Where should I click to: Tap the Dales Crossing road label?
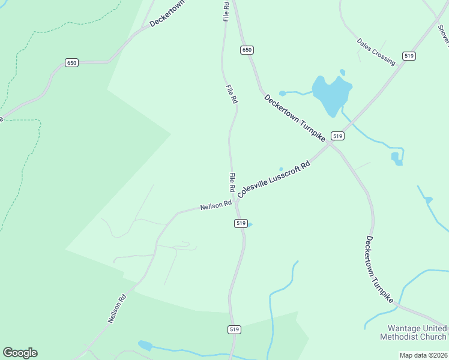tap(376, 52)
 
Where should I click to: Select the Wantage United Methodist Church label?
tap(414, 332)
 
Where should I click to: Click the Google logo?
tap(20, 353)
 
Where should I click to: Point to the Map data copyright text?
tap(424, 355)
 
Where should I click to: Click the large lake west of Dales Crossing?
tap(332, 95)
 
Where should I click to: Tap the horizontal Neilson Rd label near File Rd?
tap(216, 205)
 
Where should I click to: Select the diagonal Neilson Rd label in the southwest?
tap(117, 308)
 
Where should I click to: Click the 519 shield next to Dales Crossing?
tap(409, 56)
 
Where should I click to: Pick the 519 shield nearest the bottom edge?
tap(235, 329)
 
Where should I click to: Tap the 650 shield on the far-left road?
tap(72, 62)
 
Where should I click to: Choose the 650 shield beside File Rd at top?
tap(247, 50)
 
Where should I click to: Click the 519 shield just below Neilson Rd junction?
tap(240, 223)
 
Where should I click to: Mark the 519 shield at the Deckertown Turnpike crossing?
tap(338, 136)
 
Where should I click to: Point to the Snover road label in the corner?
tap(443, 36)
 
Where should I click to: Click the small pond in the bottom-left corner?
tap(145, 345)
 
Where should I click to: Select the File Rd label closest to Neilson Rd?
tap(232, 182)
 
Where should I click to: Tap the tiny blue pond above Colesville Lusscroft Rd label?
tap(281, 169)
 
